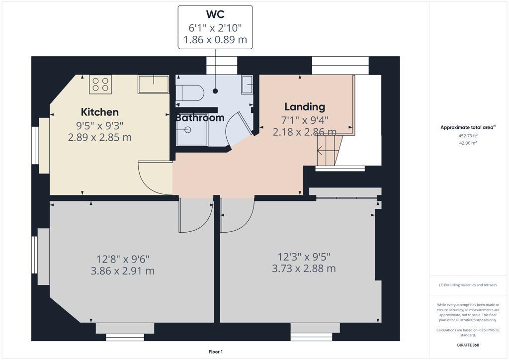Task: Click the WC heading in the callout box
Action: pos(215,14)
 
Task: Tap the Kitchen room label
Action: pos(100,112)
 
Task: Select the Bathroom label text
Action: pos(200,118)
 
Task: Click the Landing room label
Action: pos(305,106)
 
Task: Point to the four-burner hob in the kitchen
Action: pos(100,84)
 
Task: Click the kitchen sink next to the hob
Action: pos(153,84)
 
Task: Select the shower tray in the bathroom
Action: pos(191,130)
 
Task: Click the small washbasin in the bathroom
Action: pos(247,85)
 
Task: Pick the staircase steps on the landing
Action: pos(329,151)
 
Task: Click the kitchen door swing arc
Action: pos(156,178)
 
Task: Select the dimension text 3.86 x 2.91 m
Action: pos(123,271)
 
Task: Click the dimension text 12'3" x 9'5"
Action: pos(304,257)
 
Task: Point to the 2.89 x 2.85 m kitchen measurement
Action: pos(100,137)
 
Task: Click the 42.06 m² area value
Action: pos(467,143)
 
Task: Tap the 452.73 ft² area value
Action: pos(467,135)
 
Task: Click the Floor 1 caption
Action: pos(215,352)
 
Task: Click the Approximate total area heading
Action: pos(468,128)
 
